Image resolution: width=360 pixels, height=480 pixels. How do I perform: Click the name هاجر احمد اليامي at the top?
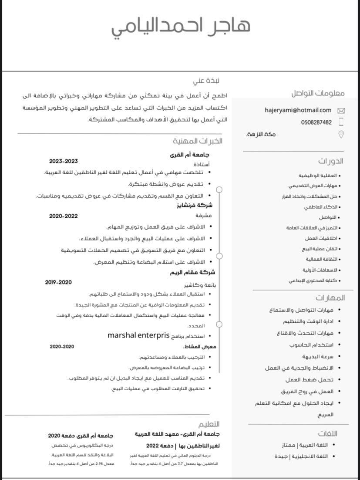[x=181, y=26]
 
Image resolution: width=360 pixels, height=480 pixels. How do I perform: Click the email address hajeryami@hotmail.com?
[x=298, y=111]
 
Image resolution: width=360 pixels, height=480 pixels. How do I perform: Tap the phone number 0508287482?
[x=316, y=122]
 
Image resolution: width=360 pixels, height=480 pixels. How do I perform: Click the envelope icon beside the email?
[x=341, y=111]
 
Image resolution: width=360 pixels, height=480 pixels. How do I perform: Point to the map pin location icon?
[x=341, y=135]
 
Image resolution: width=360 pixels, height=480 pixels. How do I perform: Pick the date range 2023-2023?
[x=64, y=161]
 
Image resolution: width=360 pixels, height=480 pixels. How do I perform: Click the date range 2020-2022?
[x=64, y=216]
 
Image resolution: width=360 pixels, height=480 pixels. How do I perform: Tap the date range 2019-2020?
[x=58, y=282]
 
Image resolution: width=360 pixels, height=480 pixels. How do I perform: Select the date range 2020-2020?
[x=62, y=347]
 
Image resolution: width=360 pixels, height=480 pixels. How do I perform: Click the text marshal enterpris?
[x=138, y=335]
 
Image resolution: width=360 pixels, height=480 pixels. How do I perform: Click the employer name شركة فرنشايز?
[x=198, y=205]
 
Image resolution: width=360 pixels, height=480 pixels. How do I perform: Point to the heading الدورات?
[x=330, y=161]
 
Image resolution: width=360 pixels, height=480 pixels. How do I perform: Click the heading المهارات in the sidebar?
[x=330, y=298]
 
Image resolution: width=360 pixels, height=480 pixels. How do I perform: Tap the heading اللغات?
[x=327, y=433]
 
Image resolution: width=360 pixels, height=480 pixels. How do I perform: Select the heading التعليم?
[x=209, y=424]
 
